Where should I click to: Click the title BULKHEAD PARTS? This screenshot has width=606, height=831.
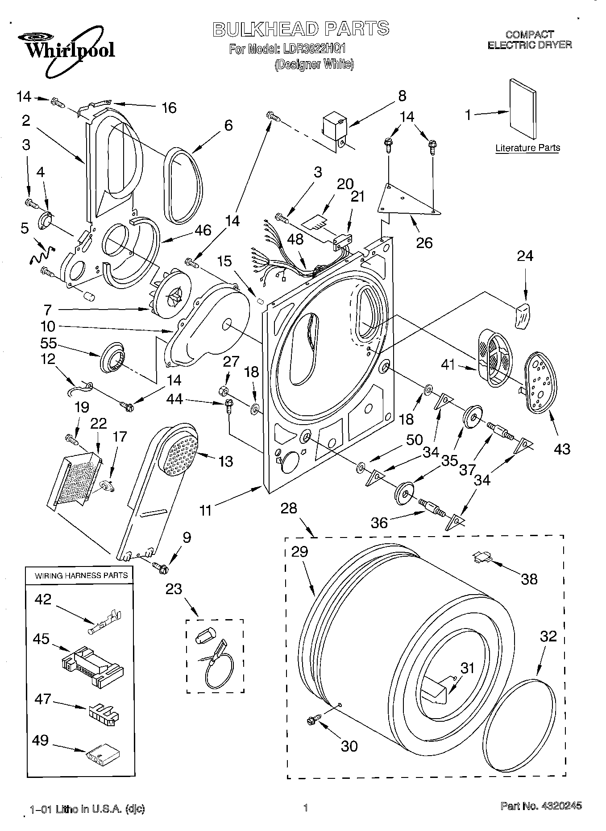(x=301, y=29)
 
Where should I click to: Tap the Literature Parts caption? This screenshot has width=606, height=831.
(x=527, y=148)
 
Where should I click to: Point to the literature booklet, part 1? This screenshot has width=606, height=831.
(x=523, y=109)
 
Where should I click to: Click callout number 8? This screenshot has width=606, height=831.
(x=402, y=95)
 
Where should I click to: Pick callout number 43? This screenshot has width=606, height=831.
(x=561, y=448)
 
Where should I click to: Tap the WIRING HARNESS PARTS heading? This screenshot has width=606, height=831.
(x=81, y=575)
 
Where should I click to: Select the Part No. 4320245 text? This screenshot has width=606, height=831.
(x=541, y=806)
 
